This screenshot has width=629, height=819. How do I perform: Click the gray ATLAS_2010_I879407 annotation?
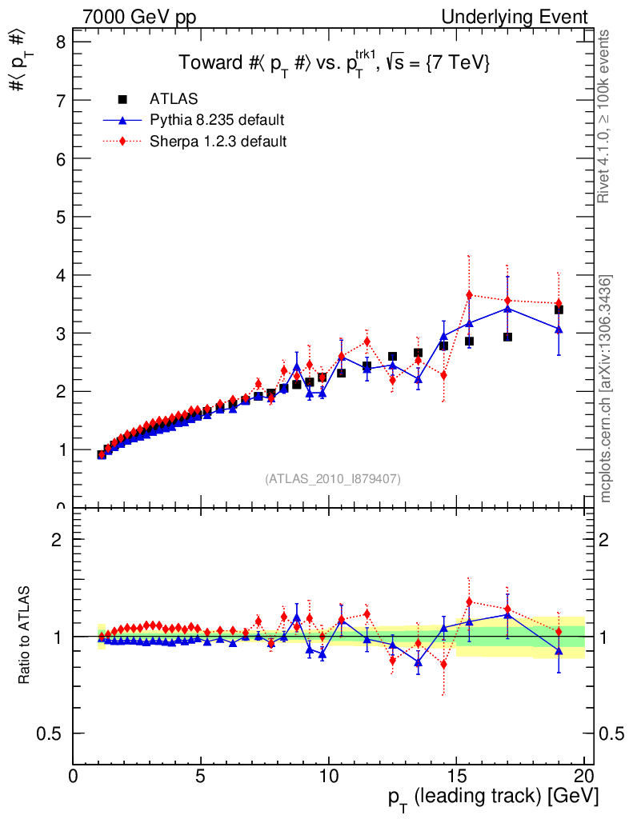[x=333, y=478]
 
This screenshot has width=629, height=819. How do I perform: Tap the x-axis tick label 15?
[x=455, y=778]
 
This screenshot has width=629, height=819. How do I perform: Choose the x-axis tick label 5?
[x=201, y=778]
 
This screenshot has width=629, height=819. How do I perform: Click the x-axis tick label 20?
[x=583, y=778]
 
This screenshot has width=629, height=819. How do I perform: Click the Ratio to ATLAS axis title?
[x=25, y=636]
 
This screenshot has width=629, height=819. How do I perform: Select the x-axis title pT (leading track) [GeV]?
[x=494, y=797]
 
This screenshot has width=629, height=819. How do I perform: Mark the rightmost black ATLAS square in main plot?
[x=559, y=310]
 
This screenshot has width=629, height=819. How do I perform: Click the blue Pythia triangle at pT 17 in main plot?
[x=507, y=308]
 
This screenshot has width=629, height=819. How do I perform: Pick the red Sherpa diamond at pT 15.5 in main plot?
[x=470, y=294]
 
